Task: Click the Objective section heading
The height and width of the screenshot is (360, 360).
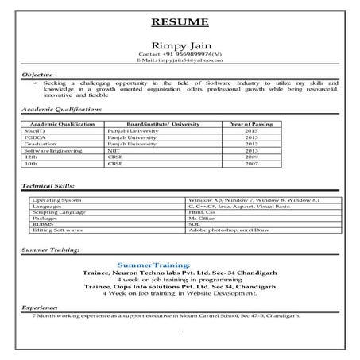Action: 39,74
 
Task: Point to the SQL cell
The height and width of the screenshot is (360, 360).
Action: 194,225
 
